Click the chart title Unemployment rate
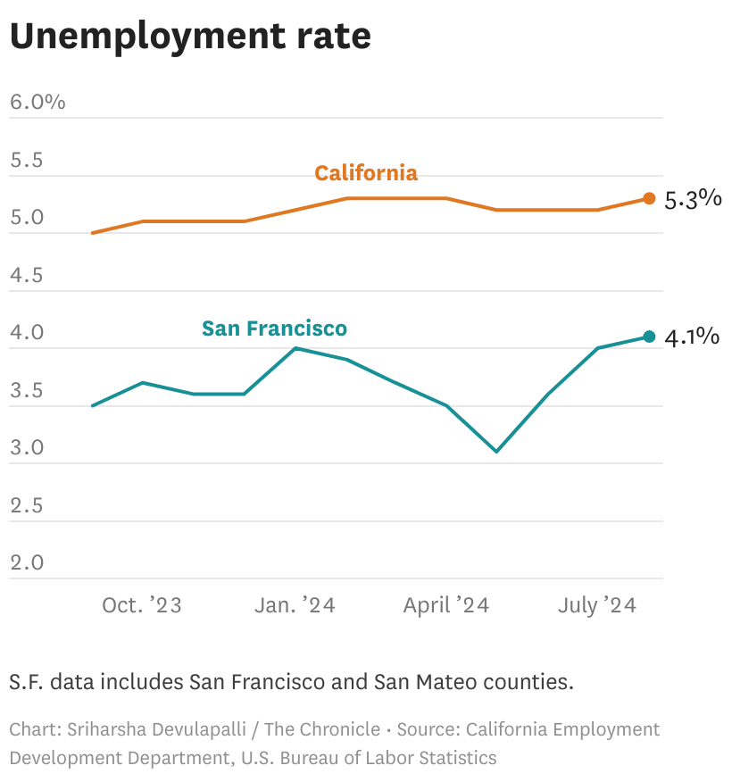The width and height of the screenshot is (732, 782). [x=190, y=37]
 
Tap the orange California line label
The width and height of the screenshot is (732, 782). [x=365, y=173]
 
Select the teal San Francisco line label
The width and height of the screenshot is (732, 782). [x=274, y=329]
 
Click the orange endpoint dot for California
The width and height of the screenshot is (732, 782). [x=649, y=198]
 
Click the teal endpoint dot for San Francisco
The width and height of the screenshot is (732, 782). [x=649, y=337]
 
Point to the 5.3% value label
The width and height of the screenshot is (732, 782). [x=693, y=199]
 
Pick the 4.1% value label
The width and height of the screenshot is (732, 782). [x=693, y=337]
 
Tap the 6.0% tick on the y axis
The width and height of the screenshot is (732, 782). [x=37, y=102]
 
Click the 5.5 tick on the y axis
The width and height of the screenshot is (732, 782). [x=27, y=161]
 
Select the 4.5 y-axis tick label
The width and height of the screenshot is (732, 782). [x=27, y=275]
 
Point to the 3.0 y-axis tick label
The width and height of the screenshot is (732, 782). [x=27, y=447]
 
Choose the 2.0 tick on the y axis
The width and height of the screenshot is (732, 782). [x=27, y=562]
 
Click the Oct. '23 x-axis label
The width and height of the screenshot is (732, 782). [x=142, y=605]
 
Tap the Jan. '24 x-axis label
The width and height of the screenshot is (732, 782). [x=295, y=605]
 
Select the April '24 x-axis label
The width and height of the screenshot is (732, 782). [x=446, y=605]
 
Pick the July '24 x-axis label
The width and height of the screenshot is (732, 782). [x=597, y=605]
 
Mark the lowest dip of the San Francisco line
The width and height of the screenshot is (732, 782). [x=496, y=452]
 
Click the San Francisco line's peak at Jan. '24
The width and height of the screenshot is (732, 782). [x=295, y=348]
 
